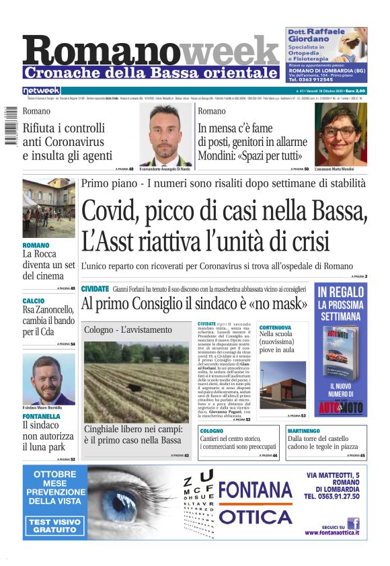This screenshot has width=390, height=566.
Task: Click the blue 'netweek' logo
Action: (41, 90)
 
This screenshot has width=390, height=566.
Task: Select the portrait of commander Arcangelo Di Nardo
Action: (166, 134)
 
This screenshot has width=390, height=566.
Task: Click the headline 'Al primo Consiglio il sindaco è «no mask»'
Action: (194, 303)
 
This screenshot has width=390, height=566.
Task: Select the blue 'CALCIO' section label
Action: (34, 300)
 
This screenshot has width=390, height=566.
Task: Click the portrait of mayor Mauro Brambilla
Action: (48, 378)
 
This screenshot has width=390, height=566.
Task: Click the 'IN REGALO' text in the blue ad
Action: (340, 292)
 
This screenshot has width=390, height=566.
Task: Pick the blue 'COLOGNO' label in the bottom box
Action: (212, 430)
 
